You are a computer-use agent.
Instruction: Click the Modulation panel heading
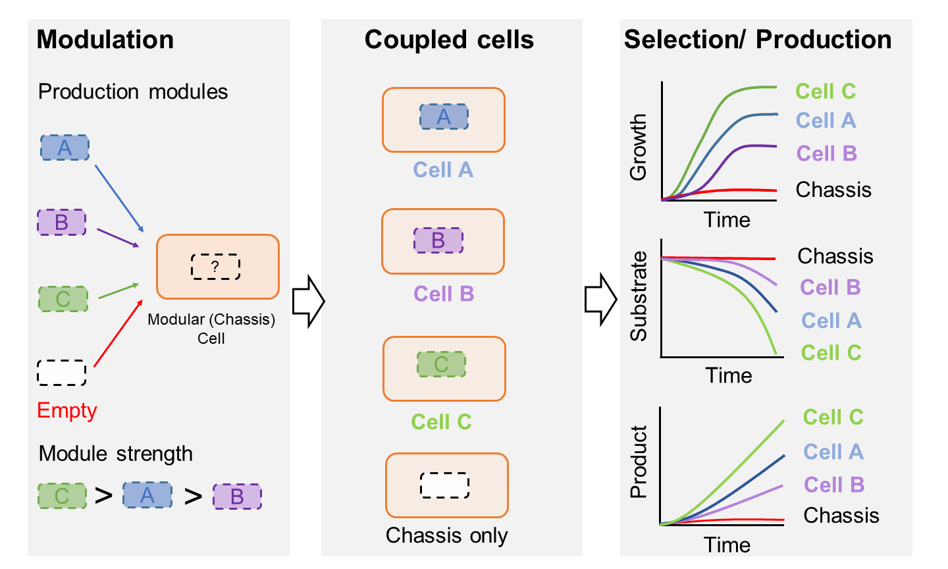pyautogui.click(x=105, y=40)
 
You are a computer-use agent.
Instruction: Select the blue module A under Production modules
pyautogui.click(x=65, y=148)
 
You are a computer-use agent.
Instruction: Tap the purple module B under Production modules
pyautogui.click(x=61, y=222)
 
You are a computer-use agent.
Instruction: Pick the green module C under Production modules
pyautogui.click(x=63, y=299)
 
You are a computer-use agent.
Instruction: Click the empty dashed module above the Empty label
pyautogui.click(x=61, y=373)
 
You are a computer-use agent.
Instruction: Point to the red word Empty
pyautogui.click(x=67, y=410)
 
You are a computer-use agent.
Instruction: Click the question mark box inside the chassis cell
pyautogui.click(x=215, y=267)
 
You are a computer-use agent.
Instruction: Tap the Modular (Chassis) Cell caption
pyautogui.click(x=211, y=329)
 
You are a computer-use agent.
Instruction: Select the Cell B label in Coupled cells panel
pyautogui.click(x=444, y=294)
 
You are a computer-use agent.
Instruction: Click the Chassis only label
pyautogui.click(x=446, y=535)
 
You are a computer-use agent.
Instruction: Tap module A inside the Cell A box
pyautogui.click(x=444, y=117)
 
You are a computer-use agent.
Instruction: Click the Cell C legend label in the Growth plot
pyautogui.click(x=826, y=92)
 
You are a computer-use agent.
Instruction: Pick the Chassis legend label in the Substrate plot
pyautogui.click(x=835, y=256)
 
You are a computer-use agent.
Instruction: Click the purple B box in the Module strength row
pyautogui.click(x=237, y=496)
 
